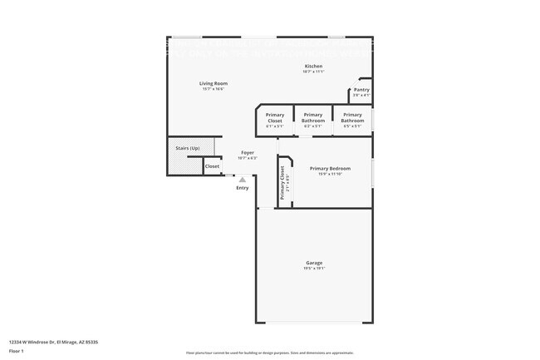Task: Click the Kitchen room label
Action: tap(313, 67)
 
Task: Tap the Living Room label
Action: tap(214, 83)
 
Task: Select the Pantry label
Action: tap(361, 90)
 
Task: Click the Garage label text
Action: tap(313, 263)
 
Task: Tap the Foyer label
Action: tap(248, 153)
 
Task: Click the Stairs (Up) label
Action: tap(187, 148)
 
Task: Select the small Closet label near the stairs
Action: tap(213, 166)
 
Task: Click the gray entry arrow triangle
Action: tap(243, 179)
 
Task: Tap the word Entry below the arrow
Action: tap(243, 188)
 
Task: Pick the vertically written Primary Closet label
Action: tap(282, 183)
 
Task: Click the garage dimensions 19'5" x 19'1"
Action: tap(313, 269)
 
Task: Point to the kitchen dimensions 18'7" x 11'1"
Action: tap(313, 72)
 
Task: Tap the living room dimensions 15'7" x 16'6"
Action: tap(214, 89)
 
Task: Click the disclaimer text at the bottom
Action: tap(269, 353)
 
